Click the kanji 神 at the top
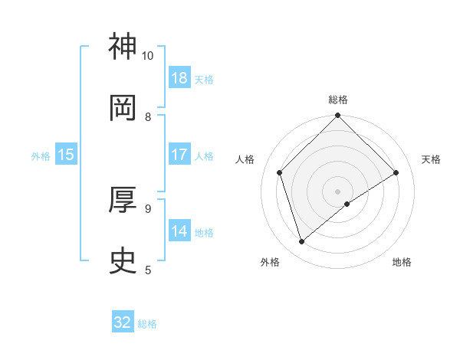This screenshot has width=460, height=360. (x=123, y=47)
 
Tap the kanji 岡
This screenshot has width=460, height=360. (x=123, y=108)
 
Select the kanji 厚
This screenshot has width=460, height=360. (x=123, y=200)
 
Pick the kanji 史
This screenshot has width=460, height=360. (x=123, y=260)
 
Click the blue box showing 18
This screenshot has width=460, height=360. (x=179, y=78)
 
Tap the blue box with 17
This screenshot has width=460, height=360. (x=179, y=155)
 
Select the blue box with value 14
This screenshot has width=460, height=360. (x=179, y=231)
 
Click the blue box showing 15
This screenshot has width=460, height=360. (x=66, y=155)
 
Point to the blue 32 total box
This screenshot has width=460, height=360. (x=123, y=322)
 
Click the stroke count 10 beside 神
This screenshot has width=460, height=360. (x=148, y=56)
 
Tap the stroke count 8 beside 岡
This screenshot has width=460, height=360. (x=148, y=117)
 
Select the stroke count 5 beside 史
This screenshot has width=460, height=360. (x=148, y=270)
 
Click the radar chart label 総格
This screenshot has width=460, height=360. (x=338, y=100)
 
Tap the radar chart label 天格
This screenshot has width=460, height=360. (x=431, y=159)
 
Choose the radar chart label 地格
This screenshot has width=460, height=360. (x=402, y=262)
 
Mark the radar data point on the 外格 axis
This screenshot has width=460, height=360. (x=301, y=242)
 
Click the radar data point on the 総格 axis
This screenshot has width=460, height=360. (x=338, y=117)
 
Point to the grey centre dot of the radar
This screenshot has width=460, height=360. (x=338, y=191)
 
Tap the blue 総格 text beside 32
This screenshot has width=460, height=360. (x=147, y=324)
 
